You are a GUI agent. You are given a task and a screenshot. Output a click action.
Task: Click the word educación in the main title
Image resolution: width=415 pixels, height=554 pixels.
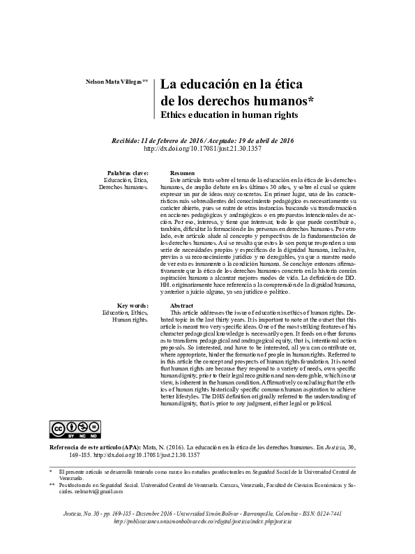(208, 84)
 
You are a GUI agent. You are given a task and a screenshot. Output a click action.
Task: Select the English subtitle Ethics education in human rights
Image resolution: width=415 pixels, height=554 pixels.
(229, 114)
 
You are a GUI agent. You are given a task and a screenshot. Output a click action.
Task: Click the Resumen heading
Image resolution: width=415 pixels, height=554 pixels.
(182, 172)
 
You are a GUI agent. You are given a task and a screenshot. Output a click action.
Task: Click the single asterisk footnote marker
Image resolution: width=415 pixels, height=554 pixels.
(51, 472)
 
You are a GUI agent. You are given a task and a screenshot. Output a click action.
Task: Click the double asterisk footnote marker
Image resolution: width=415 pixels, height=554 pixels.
(52, 484)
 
